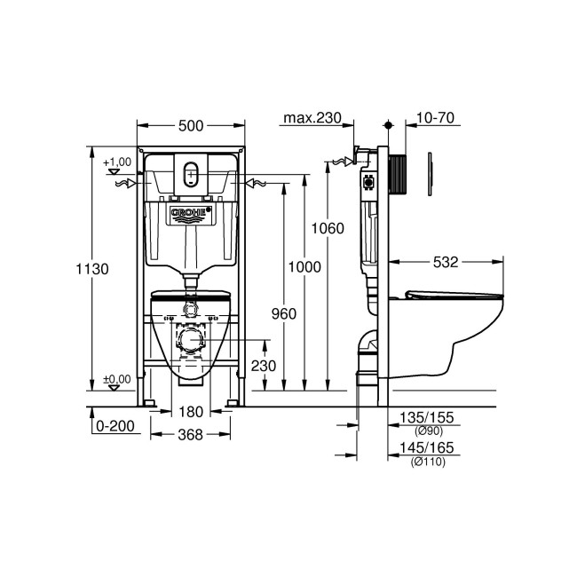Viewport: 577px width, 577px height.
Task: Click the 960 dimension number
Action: tap(282, 313)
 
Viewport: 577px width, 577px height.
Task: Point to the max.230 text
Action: tap(311, 118)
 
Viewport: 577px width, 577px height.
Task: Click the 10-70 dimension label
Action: tap(435, 118)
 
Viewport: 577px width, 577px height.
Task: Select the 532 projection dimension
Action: tap(446, 262)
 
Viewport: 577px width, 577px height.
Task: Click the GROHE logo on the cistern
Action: tap(189, 213)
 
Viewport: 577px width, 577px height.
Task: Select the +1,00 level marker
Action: tap(116, 162)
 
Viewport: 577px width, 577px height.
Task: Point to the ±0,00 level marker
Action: tap(116, 379)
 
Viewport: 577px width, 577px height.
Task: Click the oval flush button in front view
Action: tap(190, 174)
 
